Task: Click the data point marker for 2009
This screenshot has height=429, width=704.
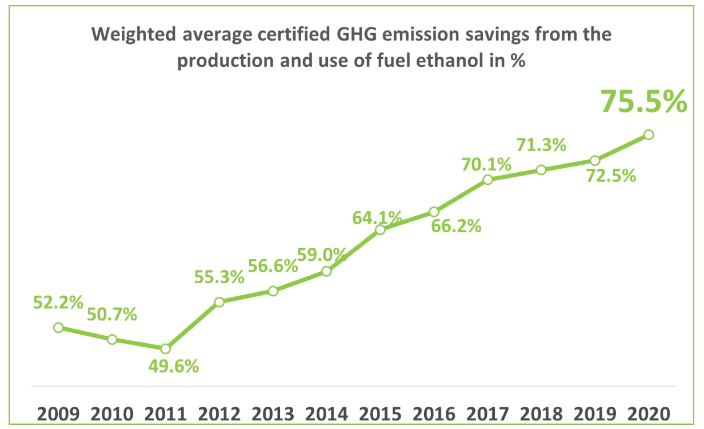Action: pyautogui.click(x=58, y=327)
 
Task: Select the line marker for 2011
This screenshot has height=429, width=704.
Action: pyautogui.click(x=165, y=348)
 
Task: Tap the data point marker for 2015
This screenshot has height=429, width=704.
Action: pyautogui.click(x=380, y=230)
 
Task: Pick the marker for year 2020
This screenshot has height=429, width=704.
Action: pyautogui.click(x=648, y=134)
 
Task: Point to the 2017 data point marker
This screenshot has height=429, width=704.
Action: pyautogui.click(x=487, y=180)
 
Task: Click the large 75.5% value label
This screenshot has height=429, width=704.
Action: pyautogui.click(x=643, y=102)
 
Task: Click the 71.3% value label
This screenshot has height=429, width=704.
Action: pyautogui.click(x=541, y=145)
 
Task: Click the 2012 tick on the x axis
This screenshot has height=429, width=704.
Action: pyautogui.click(x=219, y=413)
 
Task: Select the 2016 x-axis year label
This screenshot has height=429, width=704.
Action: pyautogui.click(x=434, y=413)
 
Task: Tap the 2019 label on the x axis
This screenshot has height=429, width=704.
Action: pyautogui.click(x=595, y=413)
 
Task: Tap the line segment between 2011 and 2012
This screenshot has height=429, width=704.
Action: pyautogui.click(x=192, y=325)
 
